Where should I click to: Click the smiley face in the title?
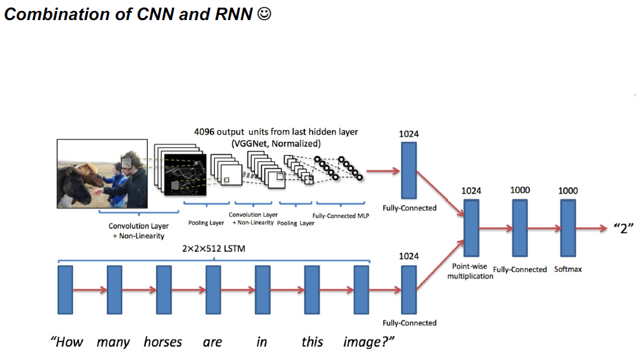click(x=263, y=14)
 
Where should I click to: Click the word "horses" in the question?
click(x=162, y=341)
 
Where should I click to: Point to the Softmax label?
click(x=568, y=269)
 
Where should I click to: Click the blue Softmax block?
click(x=568, y=228)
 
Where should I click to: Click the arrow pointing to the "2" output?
click(x=592, y=229)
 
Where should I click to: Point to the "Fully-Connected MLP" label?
click(x=340, y=216)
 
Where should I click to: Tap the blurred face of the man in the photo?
click(x=129, y=161)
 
